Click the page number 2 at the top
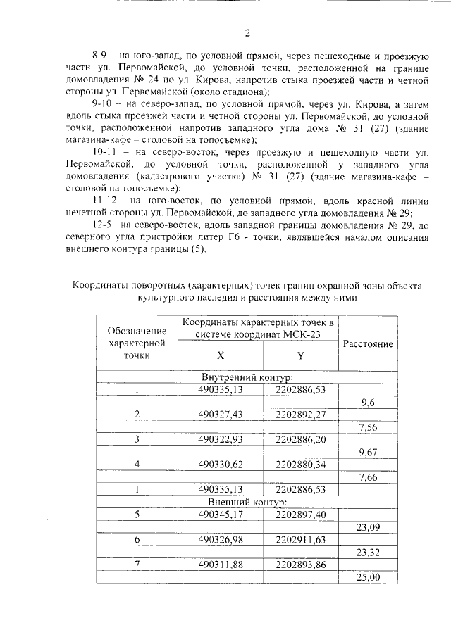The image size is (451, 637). [247, 32]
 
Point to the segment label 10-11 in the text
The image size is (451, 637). [106, 151]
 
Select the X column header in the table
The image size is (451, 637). [220, 355]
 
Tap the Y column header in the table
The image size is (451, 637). [300, 355]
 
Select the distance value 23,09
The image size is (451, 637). [368, 527]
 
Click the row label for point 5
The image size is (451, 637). [137, 515]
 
